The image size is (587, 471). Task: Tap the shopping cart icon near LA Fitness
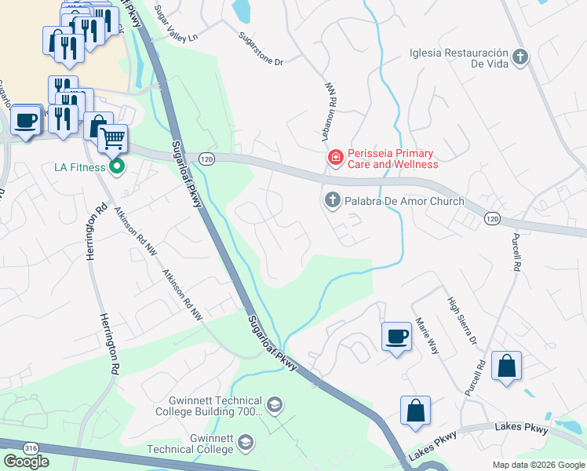click(113, 139)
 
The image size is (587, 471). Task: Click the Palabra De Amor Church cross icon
click(332, 201)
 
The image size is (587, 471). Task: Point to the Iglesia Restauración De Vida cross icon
click(520, 57)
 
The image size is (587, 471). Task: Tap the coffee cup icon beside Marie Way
click(396, 336)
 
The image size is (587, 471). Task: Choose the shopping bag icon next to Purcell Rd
click(506, 365)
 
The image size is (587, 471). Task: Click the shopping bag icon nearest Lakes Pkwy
click(415, 410)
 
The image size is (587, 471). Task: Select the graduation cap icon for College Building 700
click(274, 406)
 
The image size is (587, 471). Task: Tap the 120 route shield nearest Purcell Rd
click(491, 217)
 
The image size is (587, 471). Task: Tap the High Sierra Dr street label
click(461, 320)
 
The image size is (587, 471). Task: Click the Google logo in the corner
click(26, 462)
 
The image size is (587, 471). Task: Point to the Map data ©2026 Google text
click(538, 465)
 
